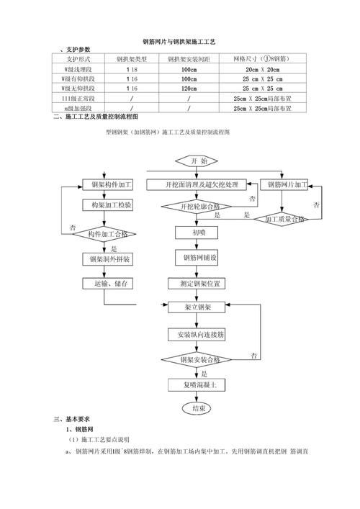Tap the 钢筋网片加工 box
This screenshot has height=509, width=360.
[x=286, y=185]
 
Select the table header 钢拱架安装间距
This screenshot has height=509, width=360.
[x=189, y=59]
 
